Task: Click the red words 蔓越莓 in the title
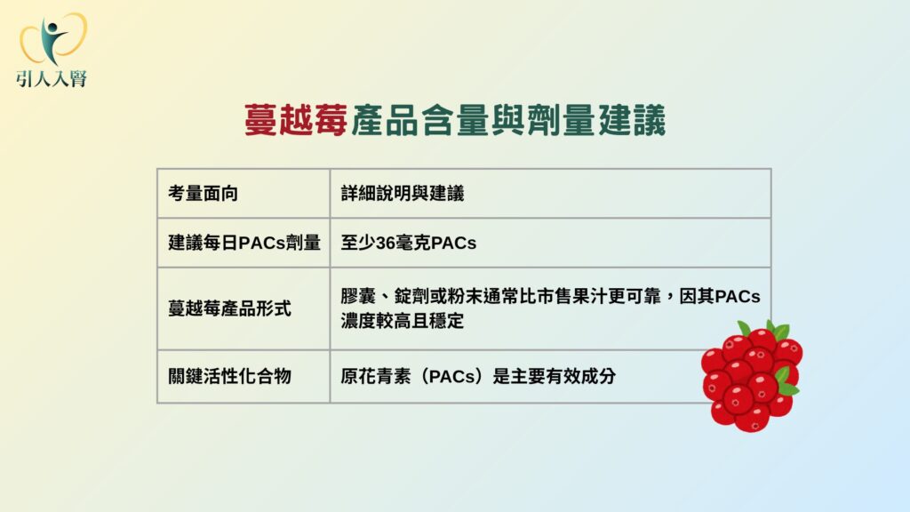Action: [x=296, y=120]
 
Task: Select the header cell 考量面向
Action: [x=204, y=193]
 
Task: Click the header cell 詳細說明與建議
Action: [x=403, y=193]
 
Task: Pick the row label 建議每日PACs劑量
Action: [x=244, y=243]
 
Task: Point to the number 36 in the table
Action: [x=386, y=243]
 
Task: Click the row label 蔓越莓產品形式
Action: [x=230, y=308]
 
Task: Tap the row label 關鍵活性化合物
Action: [x=230, y=376]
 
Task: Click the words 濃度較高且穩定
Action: [x=403, y=320]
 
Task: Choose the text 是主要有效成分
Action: [x=555, y=376]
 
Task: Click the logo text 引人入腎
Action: [x=52, y=78]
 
